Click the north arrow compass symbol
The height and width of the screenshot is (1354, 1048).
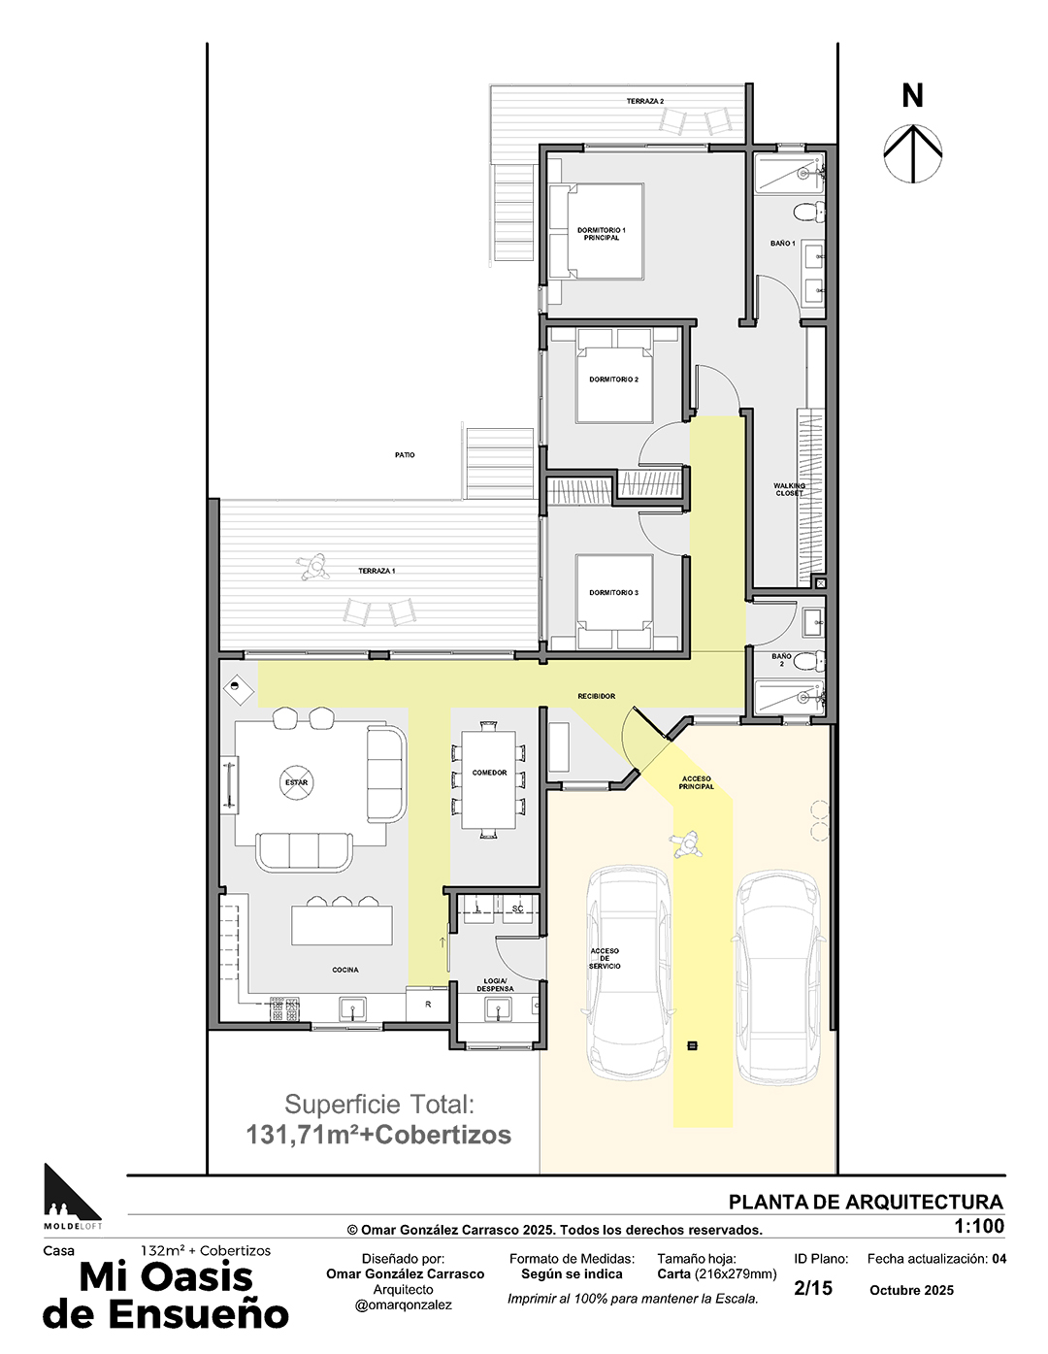(912, 154)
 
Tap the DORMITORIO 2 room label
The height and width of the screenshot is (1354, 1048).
(613, 380)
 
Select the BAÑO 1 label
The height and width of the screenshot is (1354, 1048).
(782, 243)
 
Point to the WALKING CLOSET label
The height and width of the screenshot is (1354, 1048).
(789, 489)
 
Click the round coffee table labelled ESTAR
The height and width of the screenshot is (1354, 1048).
(296, 782)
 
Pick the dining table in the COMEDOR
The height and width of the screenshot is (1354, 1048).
(489, 779)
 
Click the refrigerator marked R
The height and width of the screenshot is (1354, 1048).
(427, 1004)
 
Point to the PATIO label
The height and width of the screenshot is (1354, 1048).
(404, 455)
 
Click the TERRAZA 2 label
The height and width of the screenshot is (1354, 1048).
(645, 101)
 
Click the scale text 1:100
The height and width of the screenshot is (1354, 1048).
(979, 1226)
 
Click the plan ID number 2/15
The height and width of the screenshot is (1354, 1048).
(812, 1288)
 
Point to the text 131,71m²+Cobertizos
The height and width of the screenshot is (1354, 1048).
(378, 1135)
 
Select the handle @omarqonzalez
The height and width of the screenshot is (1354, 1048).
(403, 1305)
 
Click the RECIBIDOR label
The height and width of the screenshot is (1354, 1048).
(596, 696)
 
